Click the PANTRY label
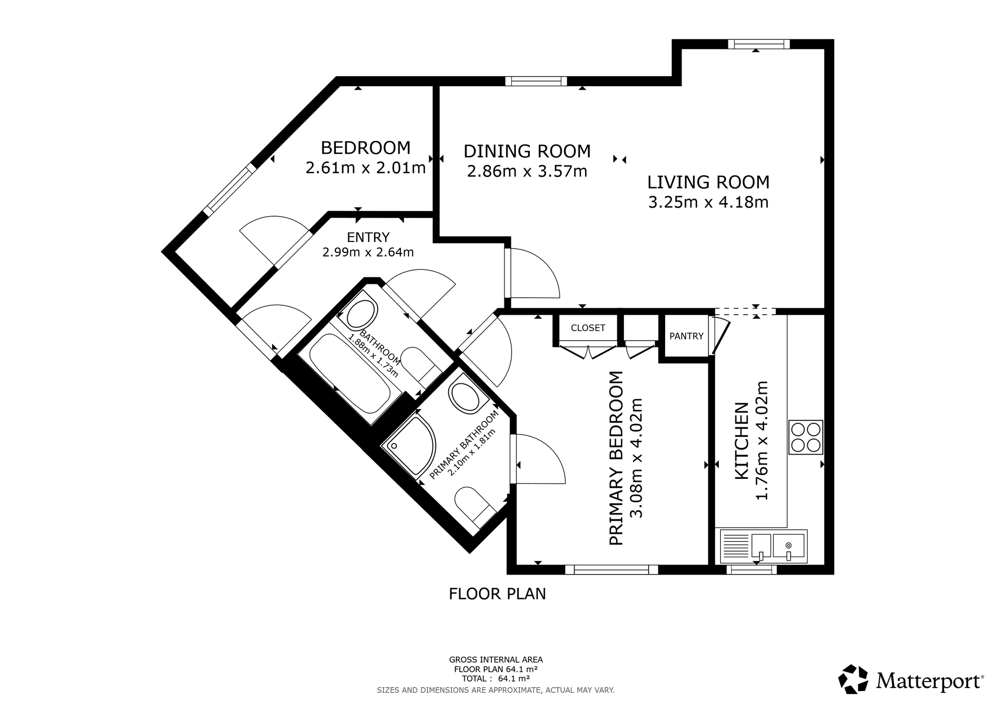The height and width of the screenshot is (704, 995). click(x=686, y=336)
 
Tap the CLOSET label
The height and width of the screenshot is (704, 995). click(x=588, y=328)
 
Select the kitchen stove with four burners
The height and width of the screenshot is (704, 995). click(x=805, y=437)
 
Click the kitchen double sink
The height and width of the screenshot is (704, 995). click(x=764, y=547)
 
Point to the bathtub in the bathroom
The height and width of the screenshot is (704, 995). click(x=350, y=373)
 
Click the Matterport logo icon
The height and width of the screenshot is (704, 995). click(x=853, y=679)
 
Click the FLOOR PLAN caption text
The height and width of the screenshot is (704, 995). click(x=497, y=594)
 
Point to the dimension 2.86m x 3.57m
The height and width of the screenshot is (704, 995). click(x=527, y=172)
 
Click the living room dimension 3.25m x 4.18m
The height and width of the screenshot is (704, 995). click(x=708, y=203)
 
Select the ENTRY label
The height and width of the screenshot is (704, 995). click(x=368, y=237)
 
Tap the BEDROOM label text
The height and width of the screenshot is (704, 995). click(x=366, y=148)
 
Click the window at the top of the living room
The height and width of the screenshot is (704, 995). click(x=758, y=44)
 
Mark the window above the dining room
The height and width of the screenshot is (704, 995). click(x=536, y=81)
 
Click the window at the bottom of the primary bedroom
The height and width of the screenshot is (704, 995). click(x=611, y=569)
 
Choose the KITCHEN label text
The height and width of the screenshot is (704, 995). click(x=742, y=441)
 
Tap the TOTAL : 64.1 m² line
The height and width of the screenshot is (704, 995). click(x=496, y=678)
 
